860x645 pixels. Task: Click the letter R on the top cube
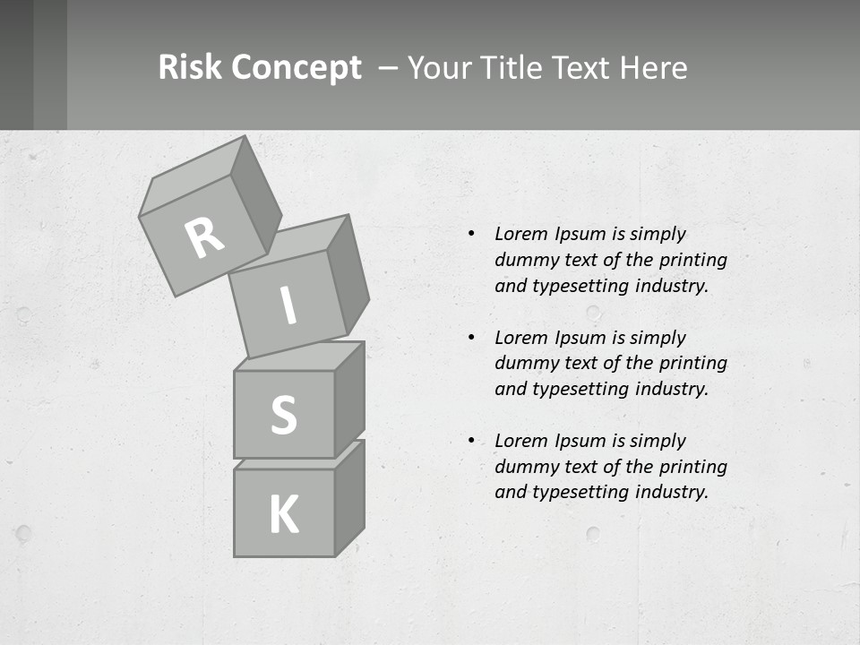click(205, 237)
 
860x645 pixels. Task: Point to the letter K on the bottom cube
click(283, 514)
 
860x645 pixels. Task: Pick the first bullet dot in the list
click(471, 234)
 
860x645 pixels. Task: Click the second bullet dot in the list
click(471, 338)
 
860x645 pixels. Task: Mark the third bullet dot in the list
click(471, 441)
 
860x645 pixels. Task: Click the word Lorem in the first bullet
click(520, 234)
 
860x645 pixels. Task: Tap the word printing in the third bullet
click(692, 467)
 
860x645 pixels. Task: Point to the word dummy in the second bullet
click(525, 364)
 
